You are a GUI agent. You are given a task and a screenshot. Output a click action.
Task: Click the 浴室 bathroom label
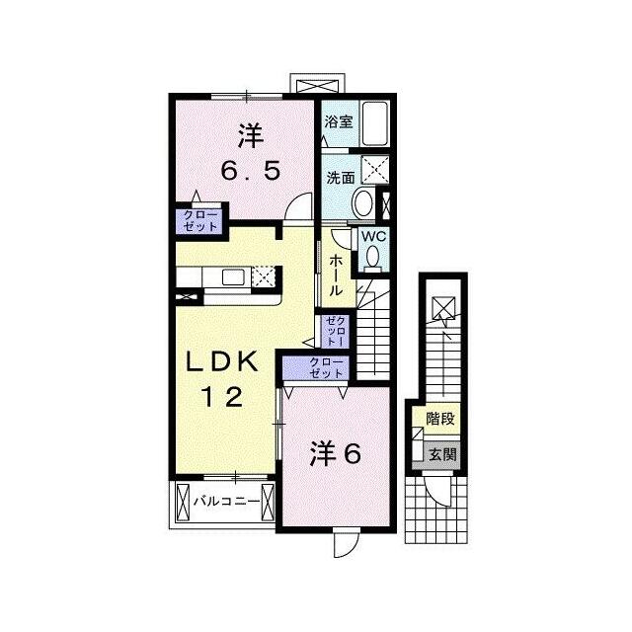tap(339, 121)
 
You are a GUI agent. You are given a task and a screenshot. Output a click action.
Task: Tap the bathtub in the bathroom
tap(375, 123)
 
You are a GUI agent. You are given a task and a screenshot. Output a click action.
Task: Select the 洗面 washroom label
tap(341, 178)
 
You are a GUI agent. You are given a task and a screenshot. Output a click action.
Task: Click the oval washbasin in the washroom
tap(362, 202)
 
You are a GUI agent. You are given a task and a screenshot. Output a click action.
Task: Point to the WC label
tap(373, 237)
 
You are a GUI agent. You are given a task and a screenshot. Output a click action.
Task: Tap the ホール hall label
tap(336, 276)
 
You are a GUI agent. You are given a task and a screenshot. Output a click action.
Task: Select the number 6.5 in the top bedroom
tap(250, 171)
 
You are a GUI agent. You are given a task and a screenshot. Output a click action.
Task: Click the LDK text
tap(221, 362)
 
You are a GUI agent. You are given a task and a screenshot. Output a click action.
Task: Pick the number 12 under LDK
tap(222, 397)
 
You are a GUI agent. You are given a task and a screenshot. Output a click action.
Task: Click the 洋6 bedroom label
tap(336, 454)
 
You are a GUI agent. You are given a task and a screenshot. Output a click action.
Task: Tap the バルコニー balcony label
tap(226, 502)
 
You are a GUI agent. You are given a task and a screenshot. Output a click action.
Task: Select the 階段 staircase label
tap(440, 419)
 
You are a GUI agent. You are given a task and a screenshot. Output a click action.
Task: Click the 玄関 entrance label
tap(442, 454)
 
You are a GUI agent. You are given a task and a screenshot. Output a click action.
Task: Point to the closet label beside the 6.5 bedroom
tap(200, 220)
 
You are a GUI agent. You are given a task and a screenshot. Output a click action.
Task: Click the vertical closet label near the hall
tap(335, 332)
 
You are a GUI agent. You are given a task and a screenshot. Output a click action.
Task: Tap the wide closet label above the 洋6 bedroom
tap(326, 367)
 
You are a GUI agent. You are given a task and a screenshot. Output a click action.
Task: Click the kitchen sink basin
tap(233, 276)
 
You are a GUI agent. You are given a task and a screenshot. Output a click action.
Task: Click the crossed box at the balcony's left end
tap(183, 502)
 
